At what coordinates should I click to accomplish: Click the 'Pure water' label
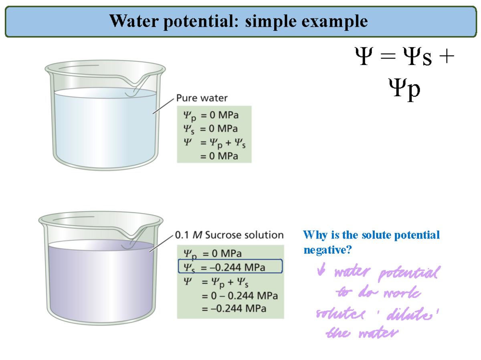click(202, 98)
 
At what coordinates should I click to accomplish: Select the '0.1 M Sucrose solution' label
click(230, 235)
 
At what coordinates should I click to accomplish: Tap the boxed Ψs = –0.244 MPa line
click(230, 266)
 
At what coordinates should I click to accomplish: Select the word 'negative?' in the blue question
click(327, 250)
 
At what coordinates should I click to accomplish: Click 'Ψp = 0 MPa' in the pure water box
click(211, 116)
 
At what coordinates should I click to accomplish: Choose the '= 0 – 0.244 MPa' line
click(239, 296)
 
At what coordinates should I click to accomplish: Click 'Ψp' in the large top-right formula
click(404, 88)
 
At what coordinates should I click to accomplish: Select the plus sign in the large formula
click(449, 57)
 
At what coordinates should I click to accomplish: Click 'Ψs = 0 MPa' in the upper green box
click(211, 129)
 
